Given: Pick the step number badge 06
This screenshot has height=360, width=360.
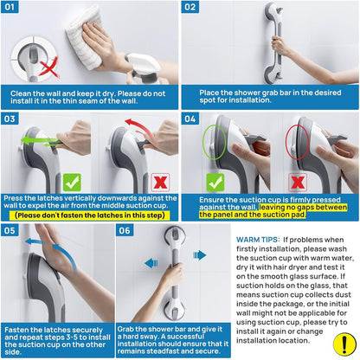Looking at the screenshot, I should [x=125, y=231].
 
